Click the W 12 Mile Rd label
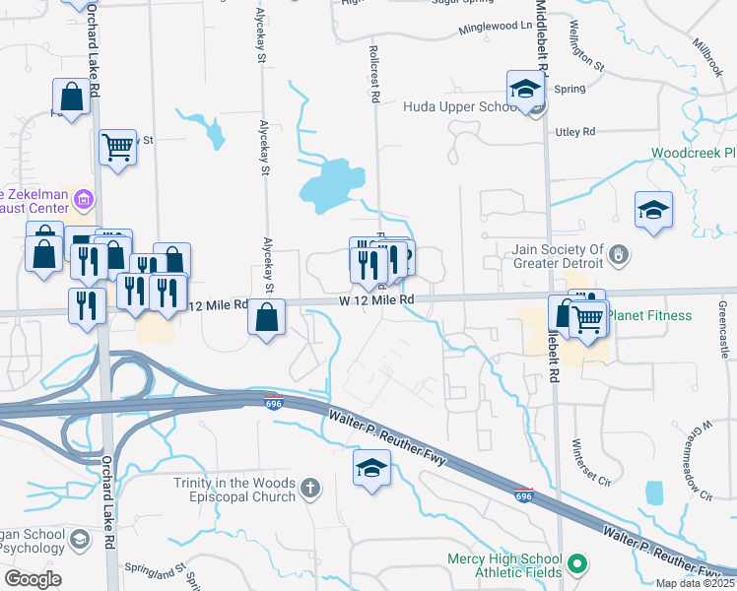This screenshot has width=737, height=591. coord(376,298)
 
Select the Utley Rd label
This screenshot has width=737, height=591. coord(576,131)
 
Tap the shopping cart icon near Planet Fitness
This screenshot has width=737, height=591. coord(587,316)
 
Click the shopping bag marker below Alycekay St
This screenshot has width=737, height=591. coord(266,318)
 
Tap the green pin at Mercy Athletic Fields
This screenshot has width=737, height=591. coord(578,564)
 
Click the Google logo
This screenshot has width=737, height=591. coord(33,579)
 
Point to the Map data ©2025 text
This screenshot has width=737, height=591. coord(695,583)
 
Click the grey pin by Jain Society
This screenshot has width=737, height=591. coord(618,256)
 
